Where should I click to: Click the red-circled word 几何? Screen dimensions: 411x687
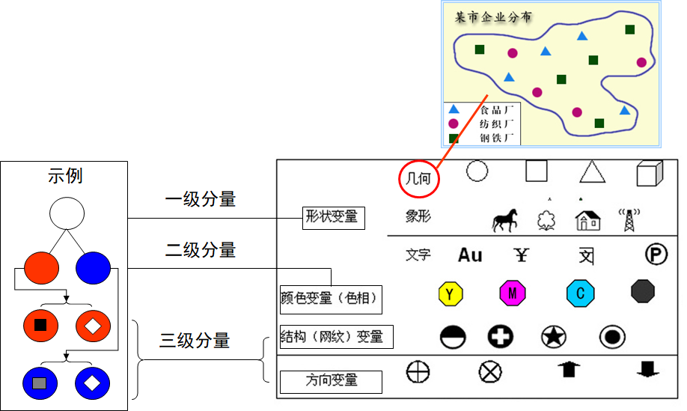[418, 179]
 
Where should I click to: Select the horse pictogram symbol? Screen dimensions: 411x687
[505, 220]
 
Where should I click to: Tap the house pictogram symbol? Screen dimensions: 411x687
[587, 219]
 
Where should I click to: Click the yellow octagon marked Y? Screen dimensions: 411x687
[449, 293]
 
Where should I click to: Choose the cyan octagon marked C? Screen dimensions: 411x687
[580, 293]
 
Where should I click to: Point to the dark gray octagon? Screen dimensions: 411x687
[643, 291]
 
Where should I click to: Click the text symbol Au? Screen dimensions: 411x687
[470, 255]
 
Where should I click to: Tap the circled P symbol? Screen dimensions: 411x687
[656, 255]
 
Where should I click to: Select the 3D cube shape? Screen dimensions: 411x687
[650, 173]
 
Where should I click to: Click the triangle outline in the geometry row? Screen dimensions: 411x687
[592, 173]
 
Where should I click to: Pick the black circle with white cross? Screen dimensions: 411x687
[501, 336]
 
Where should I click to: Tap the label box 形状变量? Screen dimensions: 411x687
[332, 218]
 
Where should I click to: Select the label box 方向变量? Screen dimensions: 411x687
[331, 381]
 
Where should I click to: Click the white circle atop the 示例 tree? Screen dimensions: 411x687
[67, 213]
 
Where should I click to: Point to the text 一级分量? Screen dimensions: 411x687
[200, 199]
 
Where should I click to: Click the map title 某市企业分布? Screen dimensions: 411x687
[494, 16]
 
